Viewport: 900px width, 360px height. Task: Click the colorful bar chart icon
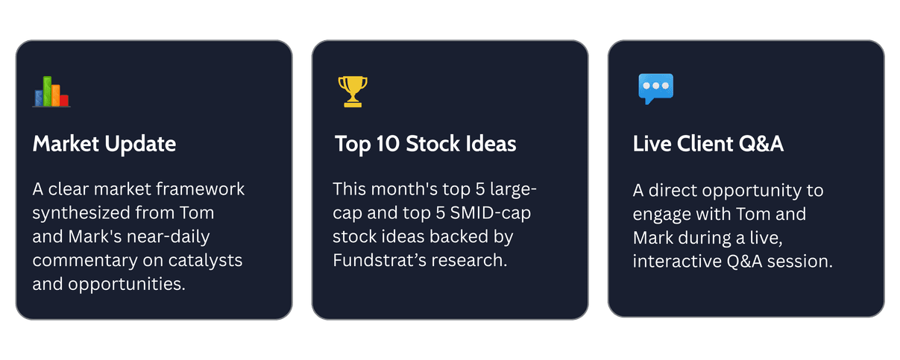tap(51, 92)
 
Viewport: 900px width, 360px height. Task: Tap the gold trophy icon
tap(353, 92)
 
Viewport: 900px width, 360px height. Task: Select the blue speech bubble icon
tap(655, 89)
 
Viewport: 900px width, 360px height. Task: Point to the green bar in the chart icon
tap(48, 91)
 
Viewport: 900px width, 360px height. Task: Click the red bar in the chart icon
tap(64, 101)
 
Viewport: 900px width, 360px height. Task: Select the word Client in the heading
tap(705, 144)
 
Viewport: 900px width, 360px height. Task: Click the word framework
tap(200, 189)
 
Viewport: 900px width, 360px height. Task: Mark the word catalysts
tap(205, 260)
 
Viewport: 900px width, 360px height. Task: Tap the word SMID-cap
tap(490, 213)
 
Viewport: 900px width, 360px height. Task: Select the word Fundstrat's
tap(380, 260)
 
